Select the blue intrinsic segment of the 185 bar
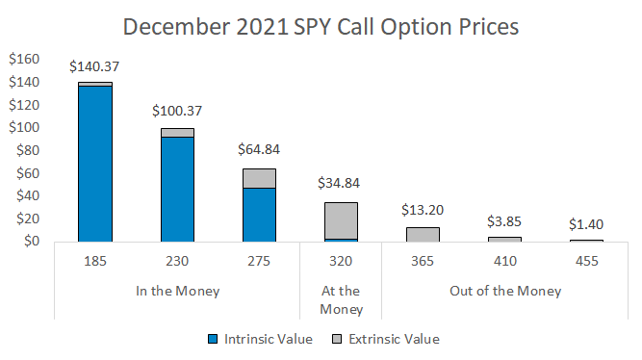pyautogui.click(x=95, y=164)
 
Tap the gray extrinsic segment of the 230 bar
pyautogui.click(x=177, y=133)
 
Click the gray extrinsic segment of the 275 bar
pyautogui.click(x=259, y=178)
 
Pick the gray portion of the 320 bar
pyautogui.click(x=341, y=220)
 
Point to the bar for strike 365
pyautogui.click(x=423, y=234)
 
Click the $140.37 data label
pyautogui.click(x=95, y=66)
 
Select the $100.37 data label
pyautogui.click(x=177, y=112)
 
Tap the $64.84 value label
pyautogui.click(x=259, y=151)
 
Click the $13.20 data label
pyautogui.click(x=423, y=210)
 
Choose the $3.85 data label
pyautogui.click(x=504, y=220)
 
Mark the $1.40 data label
pyautogui.click(x=586, y=223)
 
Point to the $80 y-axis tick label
pyautogui.click(x=26, y=150)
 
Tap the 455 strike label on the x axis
pyautogui.click(x=586, y=260)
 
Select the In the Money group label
pyautogui.click(x=177, y=291)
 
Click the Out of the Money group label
pyautogui.click(x=504, y=291)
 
